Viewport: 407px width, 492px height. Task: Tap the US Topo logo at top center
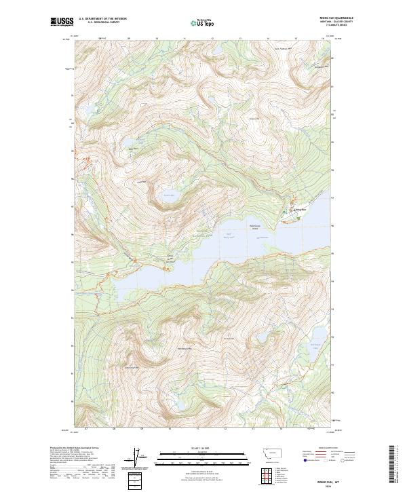tap(203, 24)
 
